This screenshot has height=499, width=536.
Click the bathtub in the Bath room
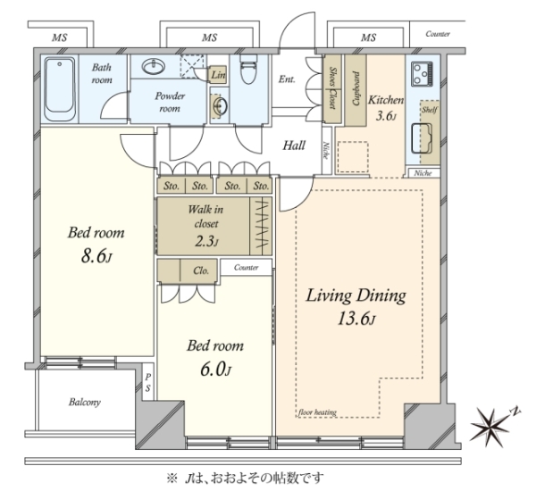tap(60, 88)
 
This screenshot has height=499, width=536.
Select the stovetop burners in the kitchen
tap(423, 74)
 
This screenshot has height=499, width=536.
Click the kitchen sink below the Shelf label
tap(422, 138)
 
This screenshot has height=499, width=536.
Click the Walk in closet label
tap(205, 216)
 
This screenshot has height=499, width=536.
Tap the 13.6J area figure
tap(356, 320)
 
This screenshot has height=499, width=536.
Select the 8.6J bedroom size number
tap(96, 256)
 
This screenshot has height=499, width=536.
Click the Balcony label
tap(85, 402)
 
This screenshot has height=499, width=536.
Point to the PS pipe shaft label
tap(147, 383)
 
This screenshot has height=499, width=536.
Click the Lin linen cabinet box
tap(218, 74)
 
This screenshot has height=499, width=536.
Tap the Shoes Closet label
tap(332, 87)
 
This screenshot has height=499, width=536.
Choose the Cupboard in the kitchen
tap(356, 89)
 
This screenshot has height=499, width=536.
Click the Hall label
tap(294, 146)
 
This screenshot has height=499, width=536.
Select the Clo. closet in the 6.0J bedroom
tap(188, 270)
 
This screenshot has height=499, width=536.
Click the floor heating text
tap(317, 412)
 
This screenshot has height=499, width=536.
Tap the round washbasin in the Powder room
tap(154, 67)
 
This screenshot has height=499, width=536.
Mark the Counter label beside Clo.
tap(247, 268)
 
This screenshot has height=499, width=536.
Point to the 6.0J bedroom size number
tap(215, 370)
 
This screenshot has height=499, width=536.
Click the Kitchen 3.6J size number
tap(386, 116)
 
